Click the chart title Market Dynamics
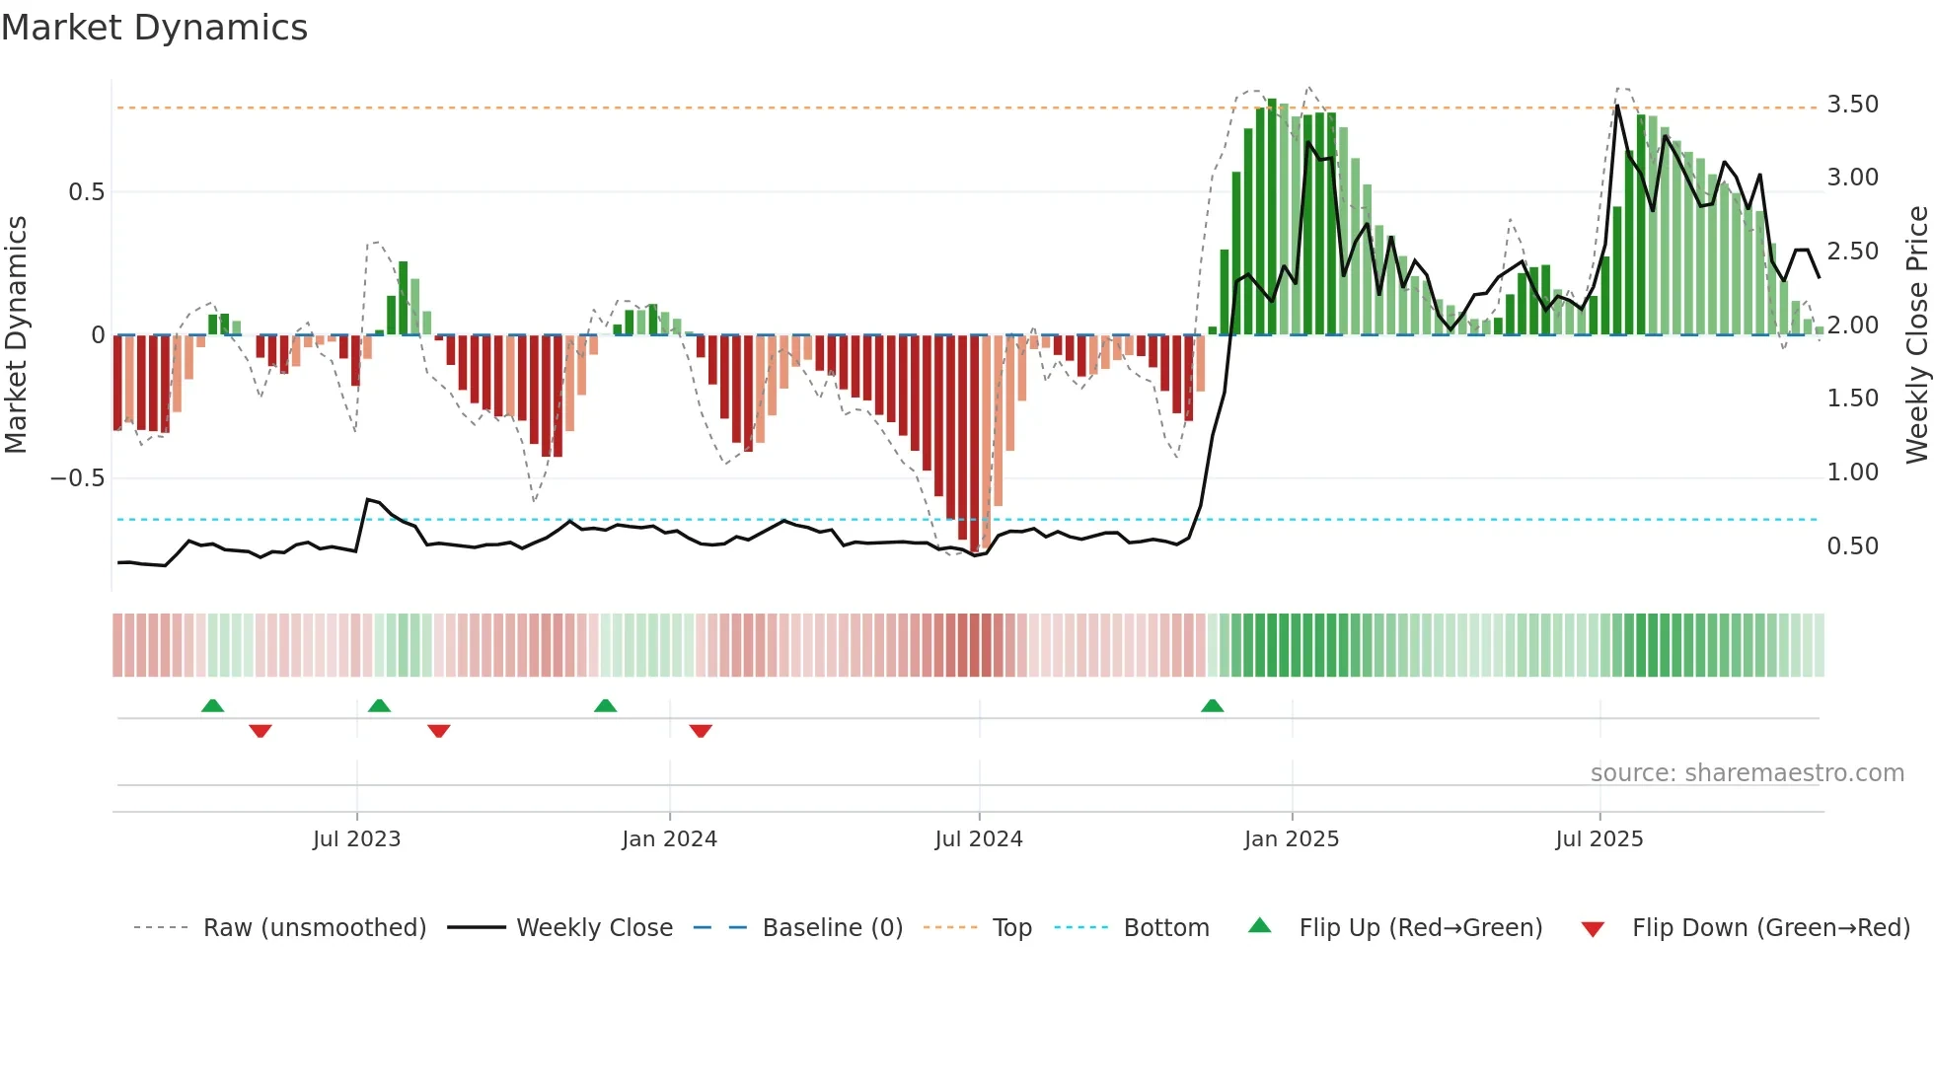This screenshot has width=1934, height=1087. pyautogui.click(x=155, y=28)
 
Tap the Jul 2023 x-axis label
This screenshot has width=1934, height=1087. pyautogui.click(x=356, y=839)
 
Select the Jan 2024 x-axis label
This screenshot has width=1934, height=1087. pyautogui.click(x=669, y=839)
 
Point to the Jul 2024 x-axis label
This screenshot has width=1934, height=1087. pyautogui.click(x=979, y=839)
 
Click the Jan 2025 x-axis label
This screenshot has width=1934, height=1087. pyautogui.click(x=1292, y=839)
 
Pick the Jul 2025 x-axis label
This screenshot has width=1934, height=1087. pyautogui.click(x=1599, y=839)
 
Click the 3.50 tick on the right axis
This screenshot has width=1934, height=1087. pyautogui.click(x=1852, y=105)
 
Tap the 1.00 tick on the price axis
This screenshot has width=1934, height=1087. pyautogui.click(x=1852, y=472)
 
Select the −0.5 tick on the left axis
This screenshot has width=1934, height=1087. pyautogui.click(x=77, y=478)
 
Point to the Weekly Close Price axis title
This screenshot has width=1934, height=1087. pyautogui.click(x=1916, y=334)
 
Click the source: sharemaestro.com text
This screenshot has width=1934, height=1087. pyautogui.click(x=1747, y=773)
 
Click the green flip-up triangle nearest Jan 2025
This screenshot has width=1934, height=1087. pyautogui.click(x=1212, y=705)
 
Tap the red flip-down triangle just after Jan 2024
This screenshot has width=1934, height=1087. pyautogui.click(x=701, y=731)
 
